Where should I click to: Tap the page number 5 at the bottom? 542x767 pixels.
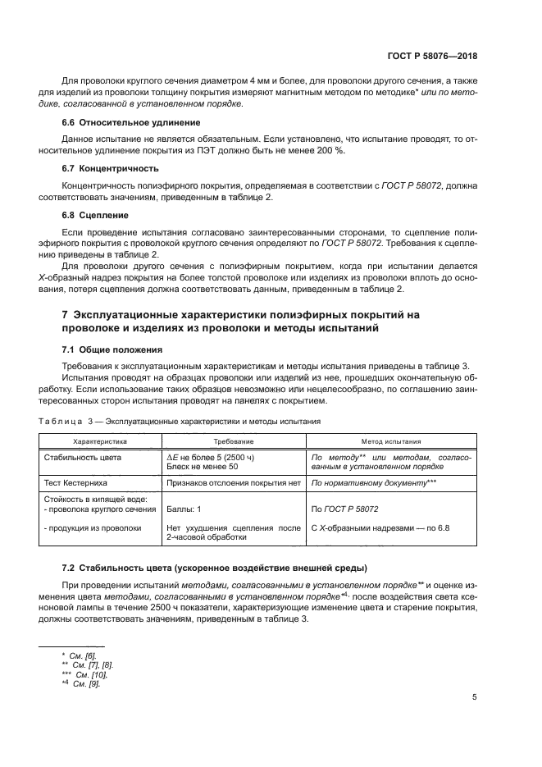[x=474, y=697]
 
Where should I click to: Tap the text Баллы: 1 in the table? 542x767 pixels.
[x=185, y=509]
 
